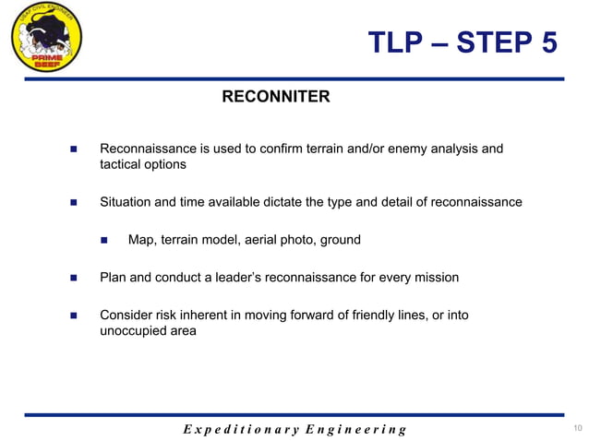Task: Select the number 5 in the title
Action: click(x=546, y=42)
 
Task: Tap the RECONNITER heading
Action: click(x=275, y=97)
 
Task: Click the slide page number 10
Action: click(x=577, y=427)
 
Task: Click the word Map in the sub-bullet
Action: click(x=140, y=240)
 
